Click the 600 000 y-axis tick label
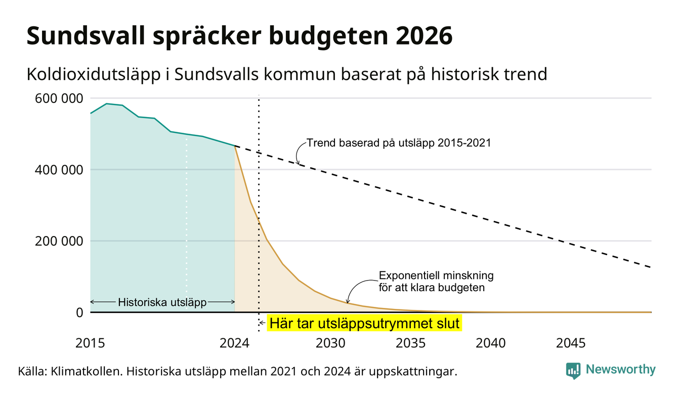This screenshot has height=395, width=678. point(59,99)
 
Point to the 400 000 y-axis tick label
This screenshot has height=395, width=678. point(59,170)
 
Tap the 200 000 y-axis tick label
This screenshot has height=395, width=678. point(59,242)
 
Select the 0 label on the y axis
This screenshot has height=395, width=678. point(79,312)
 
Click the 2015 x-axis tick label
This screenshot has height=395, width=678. point(90,343)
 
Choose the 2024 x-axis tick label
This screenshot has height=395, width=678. point(235,343)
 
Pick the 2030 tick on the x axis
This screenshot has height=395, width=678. point(330,343)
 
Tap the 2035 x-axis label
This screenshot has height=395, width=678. point(411,343)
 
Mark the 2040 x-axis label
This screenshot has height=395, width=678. point(491,343)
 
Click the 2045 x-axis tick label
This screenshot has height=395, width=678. point(571,343)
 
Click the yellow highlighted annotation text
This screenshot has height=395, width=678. point(364,323)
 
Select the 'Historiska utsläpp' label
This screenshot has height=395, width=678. point(162,302)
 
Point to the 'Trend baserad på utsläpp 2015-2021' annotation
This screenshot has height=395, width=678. point(399,143)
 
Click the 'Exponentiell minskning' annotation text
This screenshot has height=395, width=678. point(436,275)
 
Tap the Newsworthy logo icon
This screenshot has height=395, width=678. point(573,371)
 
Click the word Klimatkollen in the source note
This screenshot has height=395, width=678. point(87,371)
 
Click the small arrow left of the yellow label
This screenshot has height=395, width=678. point(263,323)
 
